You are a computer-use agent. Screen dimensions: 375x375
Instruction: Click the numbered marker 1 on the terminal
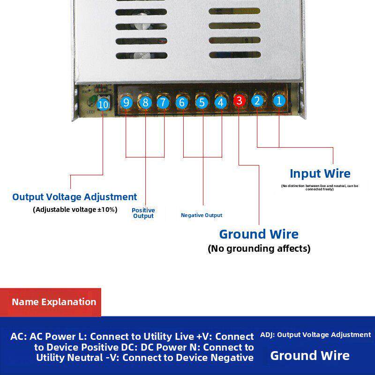tap(279, 100)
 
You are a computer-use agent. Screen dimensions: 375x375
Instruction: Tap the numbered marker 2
tap(257, 100)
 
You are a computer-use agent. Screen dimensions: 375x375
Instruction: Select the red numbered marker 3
tap(239, 100)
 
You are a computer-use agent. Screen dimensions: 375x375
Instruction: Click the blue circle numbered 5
tap(202, 102)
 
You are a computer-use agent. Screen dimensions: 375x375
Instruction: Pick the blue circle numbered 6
tap(182, 102)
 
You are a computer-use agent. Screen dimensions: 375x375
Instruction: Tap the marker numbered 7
tap(163, 102)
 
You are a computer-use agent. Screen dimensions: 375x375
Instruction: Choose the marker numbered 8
tap(145, 102)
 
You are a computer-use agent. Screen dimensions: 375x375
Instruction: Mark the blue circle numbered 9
tap(126, 102)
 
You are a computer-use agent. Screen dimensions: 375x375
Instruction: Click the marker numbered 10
tap(103, 105)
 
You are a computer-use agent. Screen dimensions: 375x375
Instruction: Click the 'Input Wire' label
tap(320, 173)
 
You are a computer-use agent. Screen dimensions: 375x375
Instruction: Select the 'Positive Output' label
tap(143, 213)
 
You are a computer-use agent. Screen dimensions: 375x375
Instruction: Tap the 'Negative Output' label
tap(202, 215)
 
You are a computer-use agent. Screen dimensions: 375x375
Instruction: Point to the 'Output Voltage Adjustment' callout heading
tap(75, 197)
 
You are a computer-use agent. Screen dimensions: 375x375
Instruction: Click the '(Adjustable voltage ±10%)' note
tap(75, 210)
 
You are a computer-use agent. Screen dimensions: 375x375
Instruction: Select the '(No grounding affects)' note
tap(259, 248)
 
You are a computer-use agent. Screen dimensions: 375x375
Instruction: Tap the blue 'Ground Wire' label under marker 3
tap(259, 234)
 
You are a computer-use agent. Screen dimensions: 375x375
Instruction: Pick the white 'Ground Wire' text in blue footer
tap(310, 355)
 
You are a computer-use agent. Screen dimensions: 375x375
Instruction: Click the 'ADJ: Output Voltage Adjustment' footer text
tap(315, 335)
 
